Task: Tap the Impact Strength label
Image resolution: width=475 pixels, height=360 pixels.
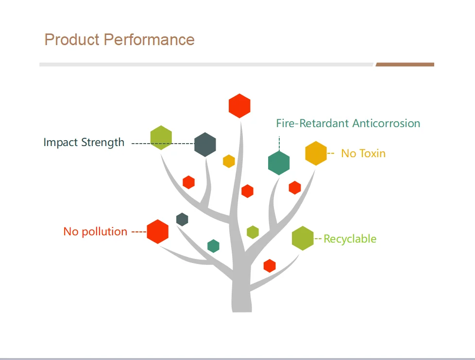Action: tap(84, 143)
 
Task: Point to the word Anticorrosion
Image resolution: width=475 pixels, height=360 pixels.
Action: tap(386, 123)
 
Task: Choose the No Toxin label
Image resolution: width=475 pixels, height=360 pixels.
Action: tap(363, 153)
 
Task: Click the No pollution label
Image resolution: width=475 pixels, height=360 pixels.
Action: tap(95, 231)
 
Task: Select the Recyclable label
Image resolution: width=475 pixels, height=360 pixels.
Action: tap(350, 239)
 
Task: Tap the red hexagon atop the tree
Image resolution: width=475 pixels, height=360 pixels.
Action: tap(239, 106)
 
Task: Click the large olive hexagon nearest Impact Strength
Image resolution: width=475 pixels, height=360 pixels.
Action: tap(161, 138)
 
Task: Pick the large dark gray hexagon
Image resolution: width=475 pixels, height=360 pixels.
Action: tap(205, 145)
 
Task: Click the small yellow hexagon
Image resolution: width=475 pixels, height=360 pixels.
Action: tap(229, 161)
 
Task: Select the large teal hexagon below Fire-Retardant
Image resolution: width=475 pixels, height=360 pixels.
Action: tap(279, 163)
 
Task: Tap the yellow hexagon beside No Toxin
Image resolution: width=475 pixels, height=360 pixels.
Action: tap(316, 153)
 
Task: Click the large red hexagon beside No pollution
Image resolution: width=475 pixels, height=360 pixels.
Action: tap(157, 231)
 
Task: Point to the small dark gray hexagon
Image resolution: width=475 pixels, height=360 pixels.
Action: tap(182, 219)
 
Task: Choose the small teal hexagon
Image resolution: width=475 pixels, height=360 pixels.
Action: tap(213, 246)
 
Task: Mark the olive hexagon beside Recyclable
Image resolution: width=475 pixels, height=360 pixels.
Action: tap(303, 238)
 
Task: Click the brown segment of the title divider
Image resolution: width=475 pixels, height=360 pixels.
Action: tap(405, 65)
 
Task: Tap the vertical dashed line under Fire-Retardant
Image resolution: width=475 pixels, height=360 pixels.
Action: tap(279, 143)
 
